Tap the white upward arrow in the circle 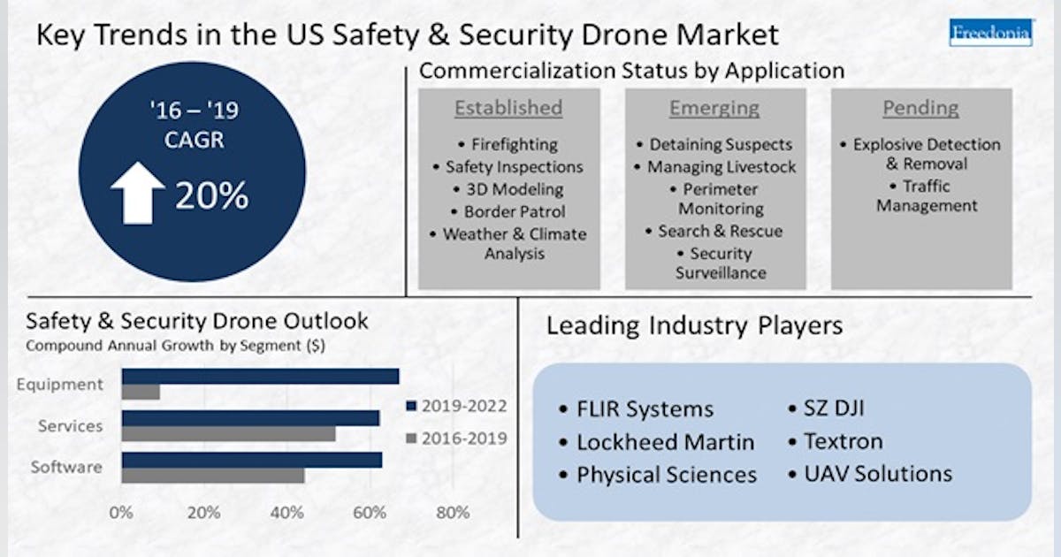pos(137,193)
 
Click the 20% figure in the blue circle pos(211,196)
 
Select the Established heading pos(508,108)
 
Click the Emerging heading pos(714,108)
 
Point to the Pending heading pos(920,108)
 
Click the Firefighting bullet pos(508,144)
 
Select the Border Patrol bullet pos(508,211)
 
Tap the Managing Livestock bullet pos(715,166)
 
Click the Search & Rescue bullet pos(714,231)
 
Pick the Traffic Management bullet pos(920,195)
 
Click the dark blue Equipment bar pos(259,376)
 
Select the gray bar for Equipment pos(141,392)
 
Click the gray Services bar pos(228,434)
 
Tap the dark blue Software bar pos(251,460)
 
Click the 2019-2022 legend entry pos(456,407)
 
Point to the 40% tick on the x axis pos(286,512)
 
